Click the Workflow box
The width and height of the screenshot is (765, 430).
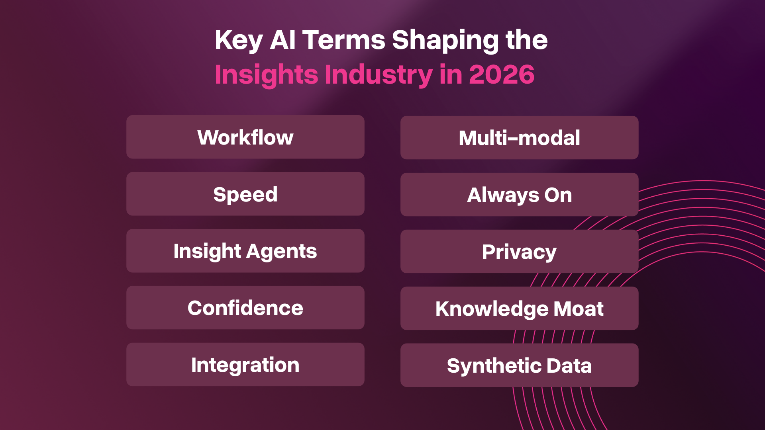click(x=245, y=137)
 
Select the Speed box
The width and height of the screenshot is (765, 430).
click(x=245, y=194)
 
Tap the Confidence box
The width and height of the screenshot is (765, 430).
click(x=245, y=308)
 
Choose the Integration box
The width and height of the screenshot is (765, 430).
click(x=245, y=365)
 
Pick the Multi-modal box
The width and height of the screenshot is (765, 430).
click(x=519, y=138)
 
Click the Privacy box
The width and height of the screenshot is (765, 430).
click(x=519, y=252)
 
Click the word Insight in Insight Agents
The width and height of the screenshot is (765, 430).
click(x=207, y=251)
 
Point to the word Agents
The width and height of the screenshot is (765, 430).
click(x=282, y=251)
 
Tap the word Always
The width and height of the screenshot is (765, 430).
click(x=503, y=195)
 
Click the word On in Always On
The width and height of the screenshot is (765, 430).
click(x=558, y=195)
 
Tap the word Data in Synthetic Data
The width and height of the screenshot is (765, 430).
click(x=569, y=365)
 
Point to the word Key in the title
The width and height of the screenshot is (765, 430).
click(x=238, y=40)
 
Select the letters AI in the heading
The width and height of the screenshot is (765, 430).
click(x=282, y=40)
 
